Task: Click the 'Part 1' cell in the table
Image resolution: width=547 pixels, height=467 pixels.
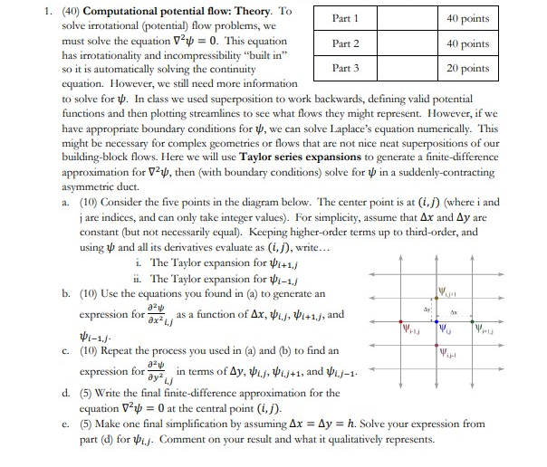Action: (x=345, y=18)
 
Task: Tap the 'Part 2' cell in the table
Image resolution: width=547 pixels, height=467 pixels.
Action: (x=345, y=43)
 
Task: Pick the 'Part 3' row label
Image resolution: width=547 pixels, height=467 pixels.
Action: (x=345, y=69)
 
